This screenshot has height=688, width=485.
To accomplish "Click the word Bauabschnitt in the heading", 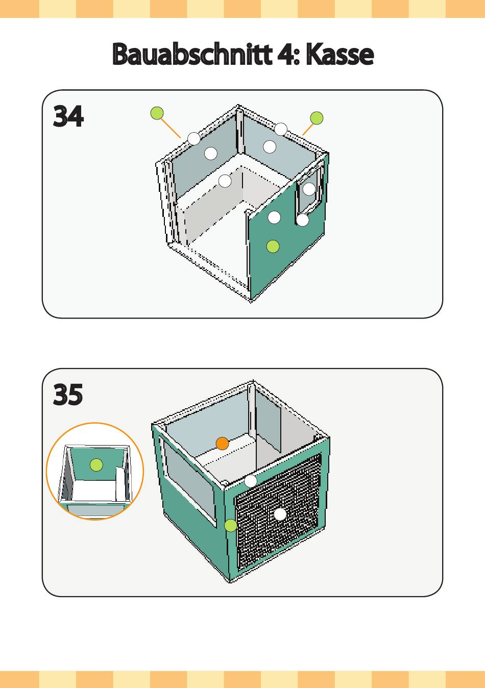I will [192, 55].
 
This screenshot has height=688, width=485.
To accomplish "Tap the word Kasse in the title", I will [340, 55].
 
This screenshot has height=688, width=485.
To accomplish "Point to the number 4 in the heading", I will [284, 55].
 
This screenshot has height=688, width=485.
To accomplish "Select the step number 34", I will [68, 117].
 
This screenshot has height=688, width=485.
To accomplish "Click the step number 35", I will [68, 395].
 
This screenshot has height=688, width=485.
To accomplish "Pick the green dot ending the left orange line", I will [157, 113].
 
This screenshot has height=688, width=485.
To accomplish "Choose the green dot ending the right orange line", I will [317, 118].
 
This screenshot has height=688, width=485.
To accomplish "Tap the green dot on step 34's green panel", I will [273, 247].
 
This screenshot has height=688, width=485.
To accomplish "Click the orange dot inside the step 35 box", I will [222, 444].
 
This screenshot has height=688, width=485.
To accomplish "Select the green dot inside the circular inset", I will [96, 465].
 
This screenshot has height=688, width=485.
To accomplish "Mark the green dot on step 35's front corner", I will [231, 525].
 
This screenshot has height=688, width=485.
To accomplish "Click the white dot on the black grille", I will [280, 514].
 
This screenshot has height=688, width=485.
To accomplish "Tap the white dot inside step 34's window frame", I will [309, 189].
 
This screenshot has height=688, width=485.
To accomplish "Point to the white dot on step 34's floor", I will [225, 181].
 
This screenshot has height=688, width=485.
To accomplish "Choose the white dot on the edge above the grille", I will [251, 481].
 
